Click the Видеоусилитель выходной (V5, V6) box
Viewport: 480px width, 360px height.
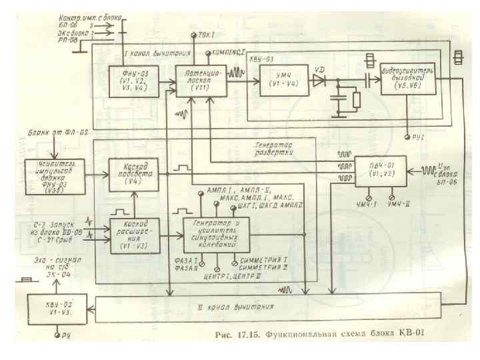[x=409, y=81]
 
